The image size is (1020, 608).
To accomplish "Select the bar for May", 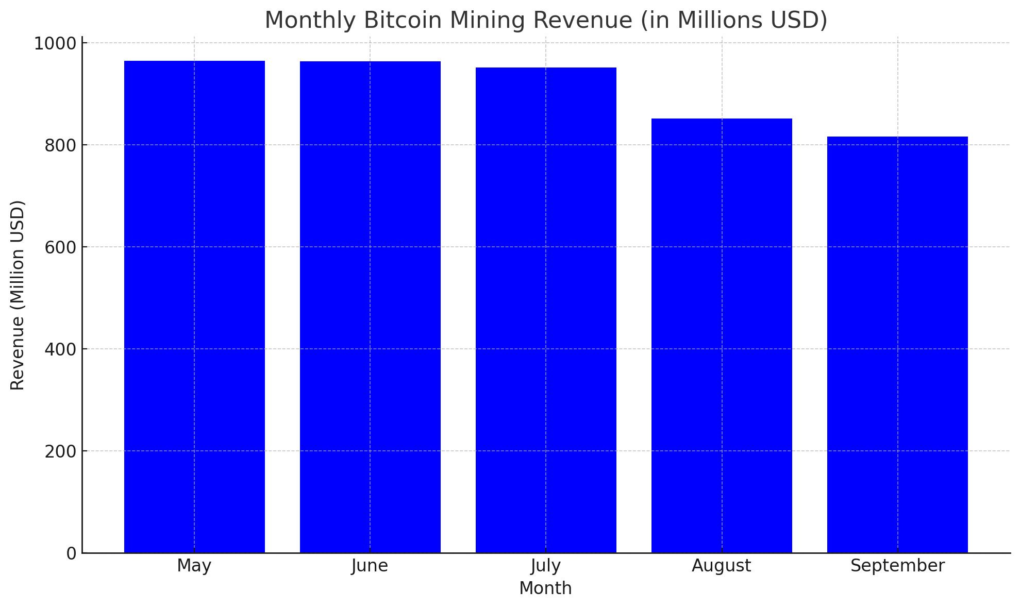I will [x=194, y=307].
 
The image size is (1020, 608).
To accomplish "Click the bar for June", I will [x=370, y=307].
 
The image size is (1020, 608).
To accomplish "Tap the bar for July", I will [x=546, y=310].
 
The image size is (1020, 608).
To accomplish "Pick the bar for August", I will [x=722, y=335].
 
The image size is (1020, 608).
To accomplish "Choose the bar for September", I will [x=897, y=345].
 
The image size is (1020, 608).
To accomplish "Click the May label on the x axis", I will [x=194, y=566].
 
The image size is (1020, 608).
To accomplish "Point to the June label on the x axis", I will [x=370, y=566].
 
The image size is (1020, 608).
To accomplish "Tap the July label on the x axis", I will [x=546, y=566].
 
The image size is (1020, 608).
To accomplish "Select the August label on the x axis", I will [x=722, y=566].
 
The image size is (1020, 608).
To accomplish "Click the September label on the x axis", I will [x=897, y=566].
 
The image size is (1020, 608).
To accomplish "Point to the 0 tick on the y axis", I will [x=72, y=553].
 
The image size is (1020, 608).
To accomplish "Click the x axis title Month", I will [x=546, y=588].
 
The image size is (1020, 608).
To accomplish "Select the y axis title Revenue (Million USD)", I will [x=18, y=295].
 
